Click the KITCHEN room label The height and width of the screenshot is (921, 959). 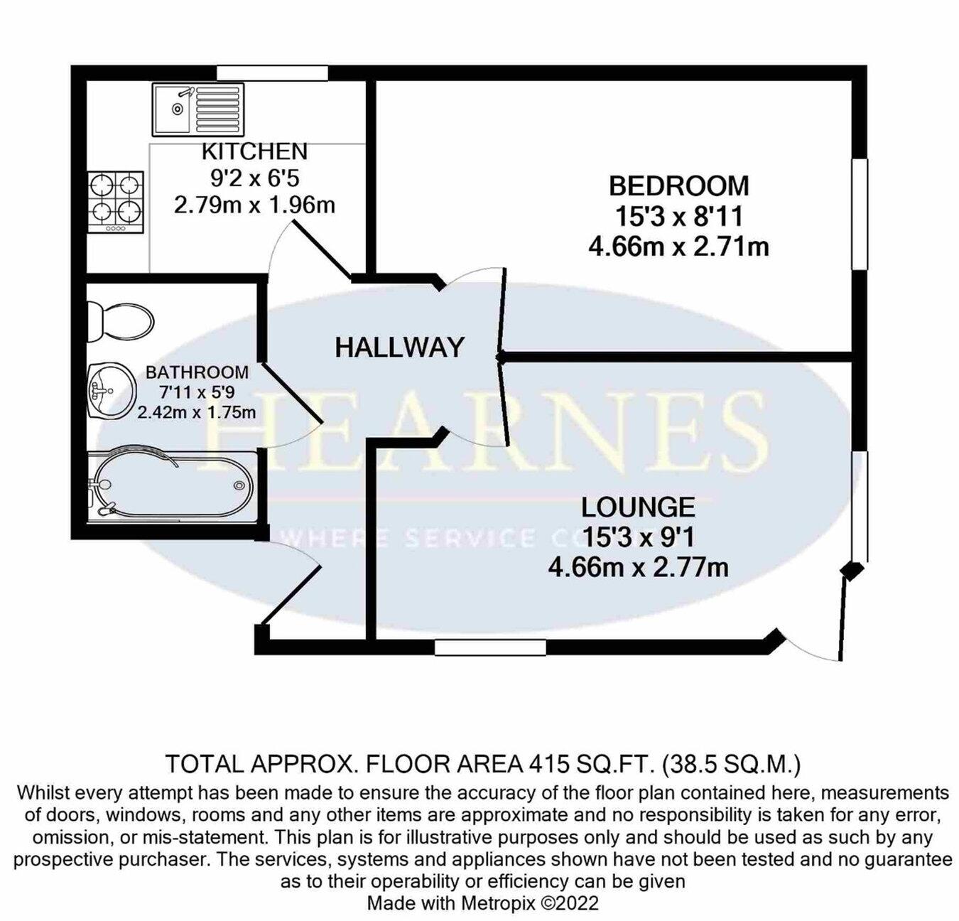click(254, 151)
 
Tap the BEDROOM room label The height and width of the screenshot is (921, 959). click(678, 185)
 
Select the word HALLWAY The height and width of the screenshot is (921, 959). click(399, 347)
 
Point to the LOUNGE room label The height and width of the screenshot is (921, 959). click(638, 507)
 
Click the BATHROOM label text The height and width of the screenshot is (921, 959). click(197, 372)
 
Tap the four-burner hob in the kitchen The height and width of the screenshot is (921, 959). click(117, 202)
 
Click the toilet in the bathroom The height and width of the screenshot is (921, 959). click(119, 321)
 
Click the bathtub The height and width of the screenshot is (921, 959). click(170, 486)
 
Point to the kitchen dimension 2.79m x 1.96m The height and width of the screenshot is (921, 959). click(254, 205)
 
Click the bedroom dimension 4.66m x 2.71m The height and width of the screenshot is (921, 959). click(678, 247)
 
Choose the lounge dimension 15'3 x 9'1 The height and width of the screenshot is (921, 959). click(638, 537)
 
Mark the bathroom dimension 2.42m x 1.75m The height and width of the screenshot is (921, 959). click(197, 412)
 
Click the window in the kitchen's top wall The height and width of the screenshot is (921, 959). click(272, 72)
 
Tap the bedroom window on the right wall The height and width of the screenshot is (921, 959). click(860, 214)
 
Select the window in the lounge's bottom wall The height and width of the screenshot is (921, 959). click(490, 647)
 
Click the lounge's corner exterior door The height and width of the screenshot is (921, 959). click(817, 640)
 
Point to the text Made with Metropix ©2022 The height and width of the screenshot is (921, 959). click(482, 903)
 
